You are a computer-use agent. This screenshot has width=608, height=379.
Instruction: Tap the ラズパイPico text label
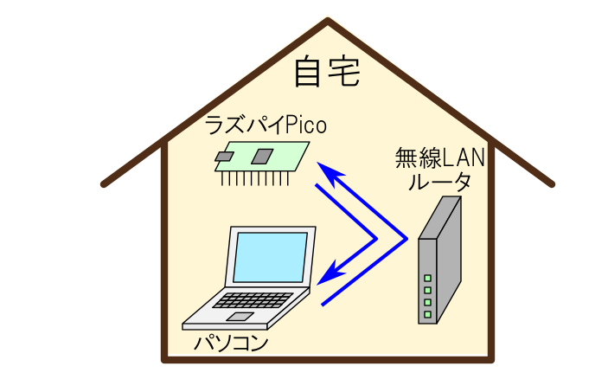[x=265, y=125]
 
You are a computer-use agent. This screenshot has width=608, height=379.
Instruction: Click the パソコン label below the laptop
[x=231, y=343]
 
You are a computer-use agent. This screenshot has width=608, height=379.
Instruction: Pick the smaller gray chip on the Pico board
[x=225, y=157]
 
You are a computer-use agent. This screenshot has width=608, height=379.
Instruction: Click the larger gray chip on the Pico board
[x=262, y=156]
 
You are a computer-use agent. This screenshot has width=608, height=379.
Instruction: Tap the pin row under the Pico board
[x=251, y=179]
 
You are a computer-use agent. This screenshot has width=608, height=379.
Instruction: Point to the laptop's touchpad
[x=240, y=317]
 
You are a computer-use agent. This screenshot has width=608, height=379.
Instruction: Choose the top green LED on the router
[x=427, y=279]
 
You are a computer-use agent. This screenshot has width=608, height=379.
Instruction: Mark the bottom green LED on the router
[x=427, y=314]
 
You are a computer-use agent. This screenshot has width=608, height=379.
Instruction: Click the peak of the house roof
[x=328, y=21]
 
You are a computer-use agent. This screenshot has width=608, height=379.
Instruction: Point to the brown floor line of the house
[x=328, y=357]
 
